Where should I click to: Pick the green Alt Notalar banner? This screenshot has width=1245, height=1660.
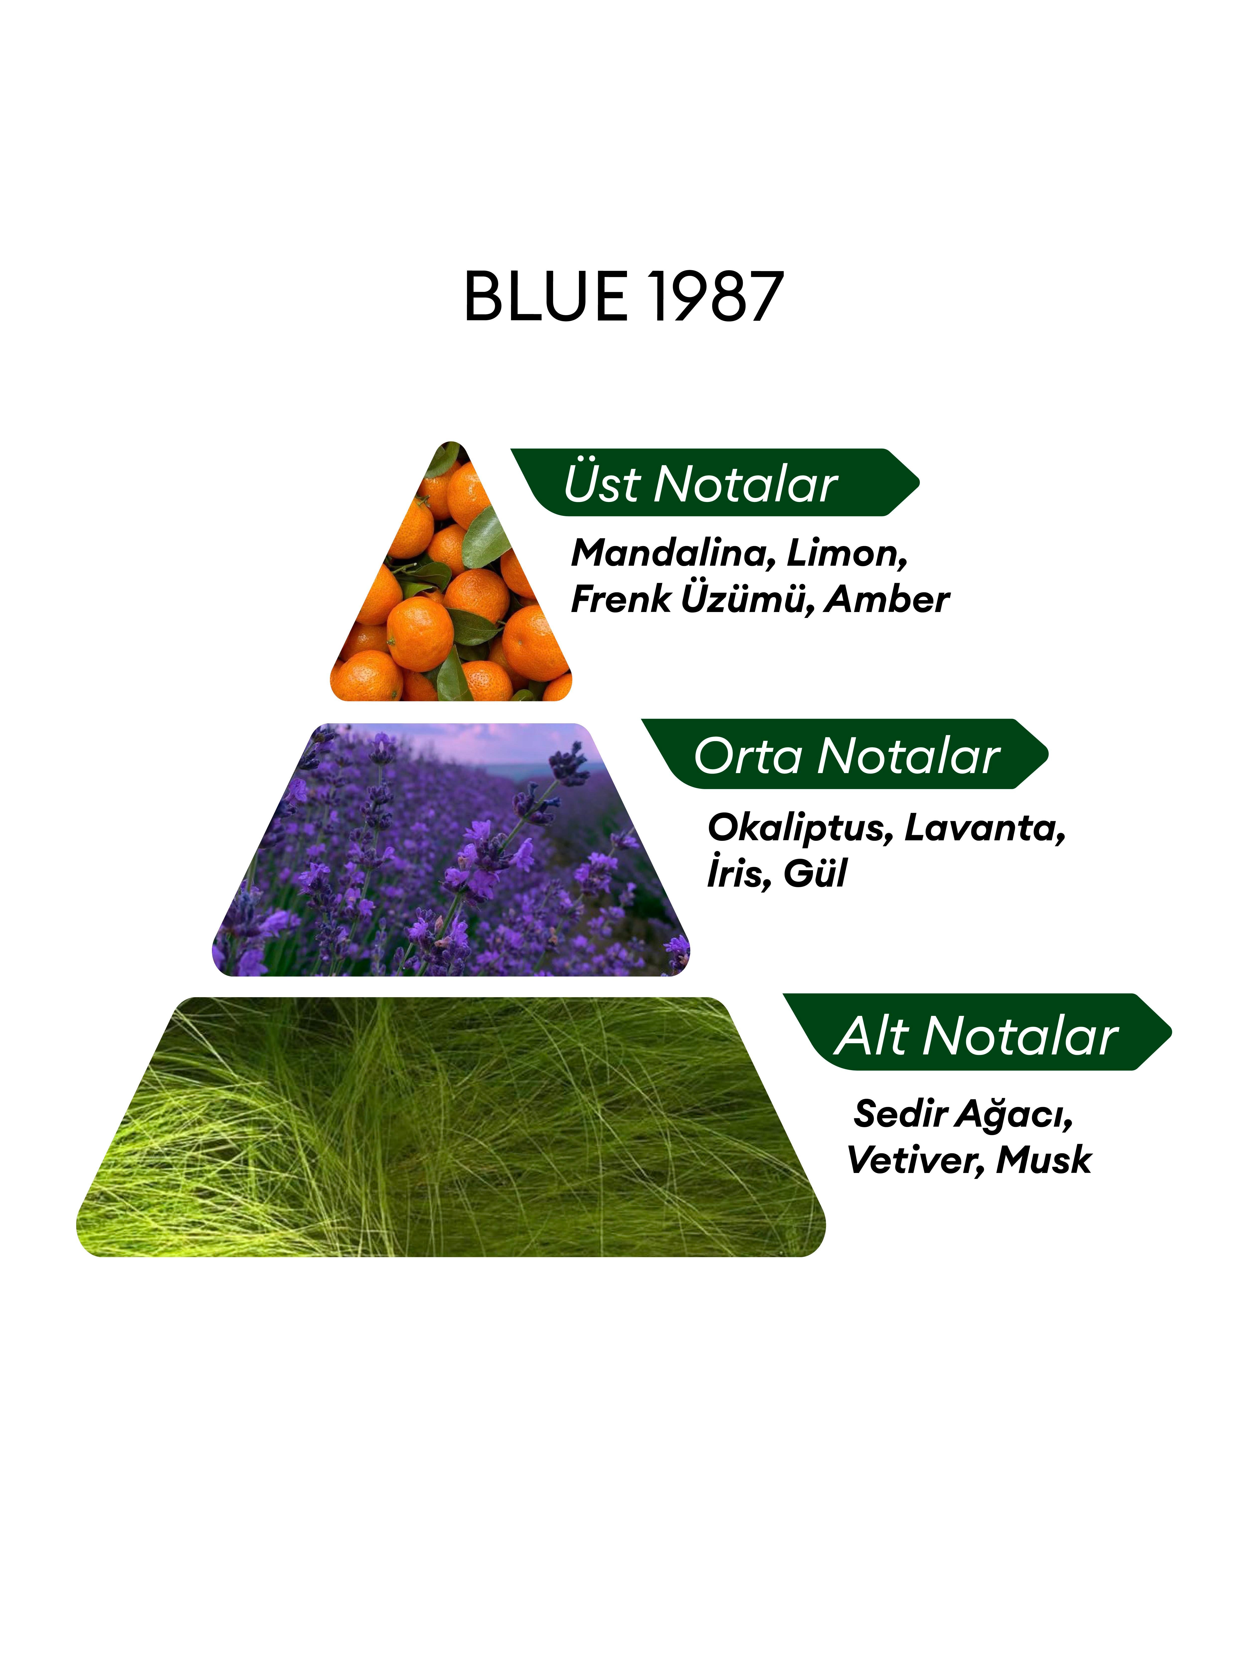(977, 1032)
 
